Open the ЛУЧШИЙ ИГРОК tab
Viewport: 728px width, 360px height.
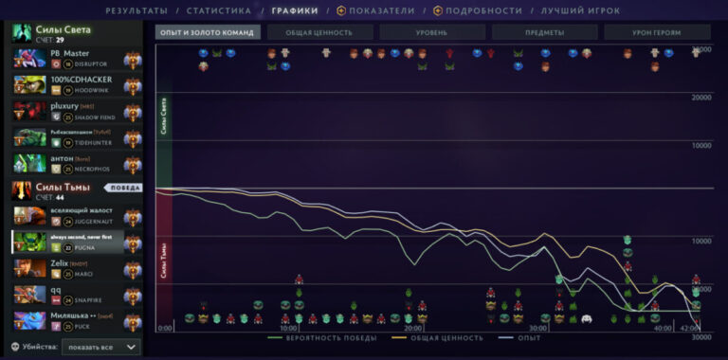[x=580, y=10]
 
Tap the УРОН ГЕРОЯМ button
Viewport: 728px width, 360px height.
[x=656, y=32]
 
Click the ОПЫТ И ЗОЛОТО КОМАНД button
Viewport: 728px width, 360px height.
[x=208, y=32]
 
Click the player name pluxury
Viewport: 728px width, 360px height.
[x=65, y=106]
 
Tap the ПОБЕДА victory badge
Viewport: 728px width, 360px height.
[x=122, y=188]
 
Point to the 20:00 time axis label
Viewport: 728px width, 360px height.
[x=413, y=328]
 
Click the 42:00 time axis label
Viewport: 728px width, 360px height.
[x=690, y=328]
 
